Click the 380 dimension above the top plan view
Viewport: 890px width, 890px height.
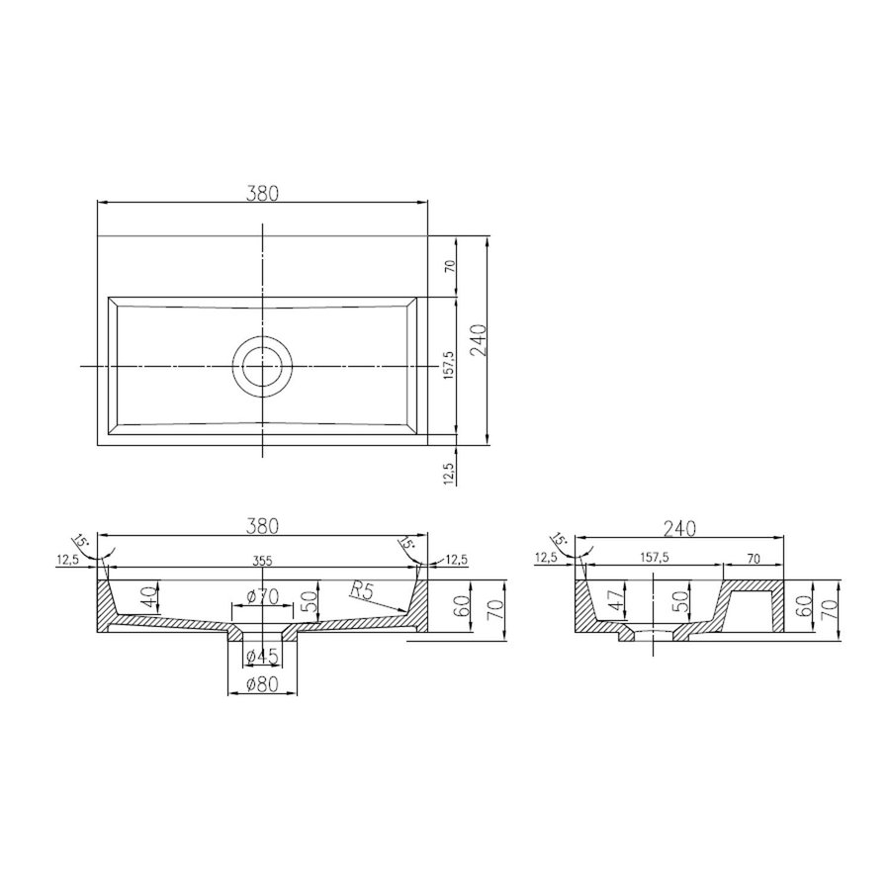click(x=262, y=195)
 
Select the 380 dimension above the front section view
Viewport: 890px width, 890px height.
click(x=262, y=527)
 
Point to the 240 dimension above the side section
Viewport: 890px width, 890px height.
click(x=682, y=529)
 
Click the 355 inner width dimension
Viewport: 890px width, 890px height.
click(x=262, y=561)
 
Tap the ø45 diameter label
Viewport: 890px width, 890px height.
click(x=262, y=655)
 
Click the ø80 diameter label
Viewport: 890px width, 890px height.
click(x=262, y=683)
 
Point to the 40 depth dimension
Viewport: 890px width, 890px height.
click(x=148, y=597)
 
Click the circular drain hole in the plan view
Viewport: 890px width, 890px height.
click(x=262, y=365)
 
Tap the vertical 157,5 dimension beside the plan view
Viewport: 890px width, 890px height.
click(x=449, y=366)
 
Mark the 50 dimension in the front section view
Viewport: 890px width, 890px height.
click(x=308, y=599)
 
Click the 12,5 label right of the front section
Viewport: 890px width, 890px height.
click(x=456, y=561)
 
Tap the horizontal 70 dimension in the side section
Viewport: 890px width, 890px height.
click(x=754, y=559)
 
